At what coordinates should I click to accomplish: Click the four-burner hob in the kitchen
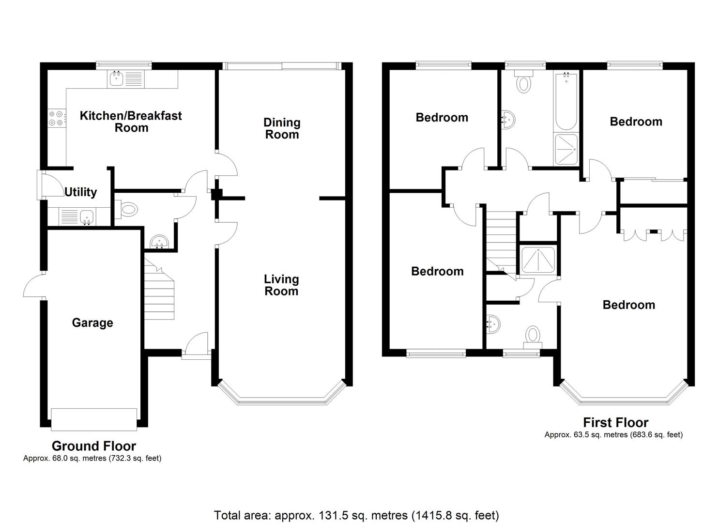pos(56,118)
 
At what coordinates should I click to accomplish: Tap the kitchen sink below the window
pos(116,79)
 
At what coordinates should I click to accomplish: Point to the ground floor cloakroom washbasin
pos(159,242)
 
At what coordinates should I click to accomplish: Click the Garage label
pos(92,323)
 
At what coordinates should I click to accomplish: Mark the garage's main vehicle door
pos(94,419)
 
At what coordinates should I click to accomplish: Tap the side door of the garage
pos(34,287)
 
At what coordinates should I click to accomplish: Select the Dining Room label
pos(282,128)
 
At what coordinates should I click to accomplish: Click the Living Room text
pos(281,285)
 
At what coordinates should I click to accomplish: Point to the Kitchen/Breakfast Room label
pos(131,122)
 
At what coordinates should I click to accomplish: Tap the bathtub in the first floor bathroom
pos(565,102)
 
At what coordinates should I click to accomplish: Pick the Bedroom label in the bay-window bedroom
pos(628,305)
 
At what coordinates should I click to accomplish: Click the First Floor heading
pos(615,423)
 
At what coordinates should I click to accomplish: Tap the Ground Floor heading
pos(93,446)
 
